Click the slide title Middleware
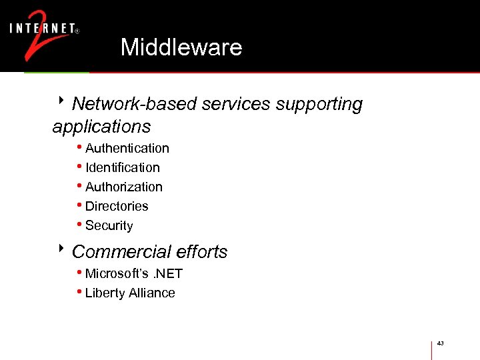tap(181, 47)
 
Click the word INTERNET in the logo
tap(41, 29)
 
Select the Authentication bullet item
tap(127, 148)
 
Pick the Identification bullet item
tap(122, 167)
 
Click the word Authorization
tap(123, 187)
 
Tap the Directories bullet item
tap(117, 206)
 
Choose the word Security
tap(109, 225)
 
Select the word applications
tap(101, 126)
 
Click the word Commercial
tap(112, 251)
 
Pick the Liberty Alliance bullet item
tap(130, 293)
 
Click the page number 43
tap(440, 343)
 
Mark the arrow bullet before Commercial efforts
tap(61, 249)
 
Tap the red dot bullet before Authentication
tap(79, 147)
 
